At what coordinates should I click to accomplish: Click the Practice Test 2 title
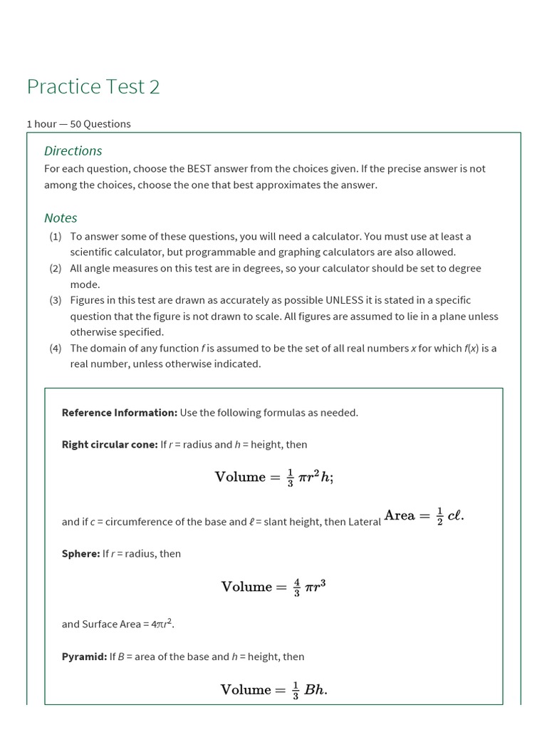pyautogui.click(x=93, y=86)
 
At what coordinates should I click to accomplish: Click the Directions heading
pyautogui.click(x=73, y=150)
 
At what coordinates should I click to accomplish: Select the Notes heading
pyautogui.click(x=61, y=217)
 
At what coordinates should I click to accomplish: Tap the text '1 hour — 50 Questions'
pyautogui.click(x=78, y=123)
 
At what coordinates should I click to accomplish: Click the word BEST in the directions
pyautogui.click(x=202, y=169)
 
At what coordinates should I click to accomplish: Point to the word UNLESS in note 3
pyautogui.click(x=345, y=300)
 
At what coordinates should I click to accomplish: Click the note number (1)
pyautogui.click(x=56, y=236)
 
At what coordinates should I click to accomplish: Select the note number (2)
pyautogui.click(x=56, y=268)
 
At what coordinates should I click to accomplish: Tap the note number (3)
pyautogui.click(x=56, y=300)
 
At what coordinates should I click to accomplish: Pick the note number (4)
pyautogui.click(x=56, y=348)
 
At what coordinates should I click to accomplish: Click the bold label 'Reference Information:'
pyautogui.click(x=119, y=412)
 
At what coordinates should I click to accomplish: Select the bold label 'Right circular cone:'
pyautogui.click(x=110, y=444)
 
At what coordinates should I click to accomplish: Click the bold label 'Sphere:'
pyautogui.click(x=80, y=553)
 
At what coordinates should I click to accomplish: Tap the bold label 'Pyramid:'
pyautogui.click(x=84, y=657)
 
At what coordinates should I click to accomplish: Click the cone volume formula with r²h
pyautogui.click(x=273, y=477)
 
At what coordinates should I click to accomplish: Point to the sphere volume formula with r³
pyautogui.click(x=273, y=587)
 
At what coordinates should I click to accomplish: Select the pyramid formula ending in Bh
pyautogui.click(x=273, y=689)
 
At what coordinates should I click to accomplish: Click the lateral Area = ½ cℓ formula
pyautogui.click(x=424, y=515)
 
